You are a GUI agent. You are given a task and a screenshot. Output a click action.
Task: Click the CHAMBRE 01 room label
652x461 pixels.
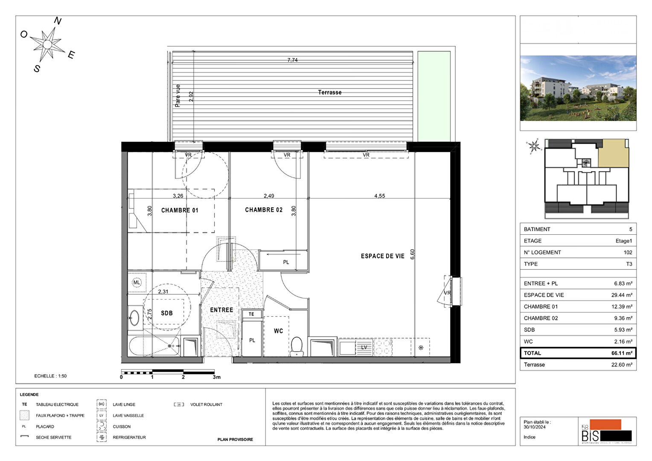coord(180,210)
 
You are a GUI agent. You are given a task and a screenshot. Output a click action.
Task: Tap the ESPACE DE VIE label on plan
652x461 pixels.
coord(382,256)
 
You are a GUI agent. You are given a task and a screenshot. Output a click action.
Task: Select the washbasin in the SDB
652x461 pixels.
coord(134,318)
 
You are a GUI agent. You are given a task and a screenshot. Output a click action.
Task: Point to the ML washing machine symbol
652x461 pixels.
coord(137,283)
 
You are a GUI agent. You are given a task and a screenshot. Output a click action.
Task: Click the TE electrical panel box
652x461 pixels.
coord(251,314)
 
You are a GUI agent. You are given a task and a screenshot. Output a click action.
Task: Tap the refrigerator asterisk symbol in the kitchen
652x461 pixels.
coord(421,348)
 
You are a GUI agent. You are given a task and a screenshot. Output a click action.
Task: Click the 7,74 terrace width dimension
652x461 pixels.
coord(292,60)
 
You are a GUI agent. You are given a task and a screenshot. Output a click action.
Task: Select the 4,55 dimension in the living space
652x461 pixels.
coord(379,196)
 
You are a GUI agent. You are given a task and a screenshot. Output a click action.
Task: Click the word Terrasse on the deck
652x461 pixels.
coord(329,92)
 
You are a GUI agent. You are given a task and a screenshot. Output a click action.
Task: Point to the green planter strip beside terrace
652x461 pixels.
coord(434,96)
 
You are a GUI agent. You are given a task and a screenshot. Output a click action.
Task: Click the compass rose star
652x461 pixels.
coord(48,44)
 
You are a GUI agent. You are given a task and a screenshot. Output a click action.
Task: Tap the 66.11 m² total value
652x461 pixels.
coord(622,353)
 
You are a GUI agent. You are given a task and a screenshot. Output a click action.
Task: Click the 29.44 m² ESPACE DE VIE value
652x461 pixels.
coord(622,295)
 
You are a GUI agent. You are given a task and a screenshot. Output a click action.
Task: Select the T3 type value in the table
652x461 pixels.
coord(629,264)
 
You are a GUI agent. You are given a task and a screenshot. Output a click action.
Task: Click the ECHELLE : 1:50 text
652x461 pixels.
coord(50,376)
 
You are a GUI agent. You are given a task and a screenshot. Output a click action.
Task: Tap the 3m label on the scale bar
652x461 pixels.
coord(217,377)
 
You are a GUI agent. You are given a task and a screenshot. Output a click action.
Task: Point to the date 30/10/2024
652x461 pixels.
coord(534,427)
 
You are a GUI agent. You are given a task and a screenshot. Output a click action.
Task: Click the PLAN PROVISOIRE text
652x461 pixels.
coord(235,439)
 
